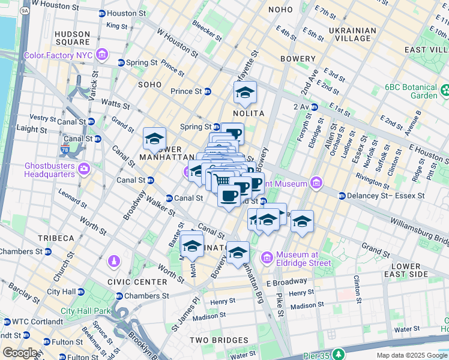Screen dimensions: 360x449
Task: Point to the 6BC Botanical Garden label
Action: [419, 91]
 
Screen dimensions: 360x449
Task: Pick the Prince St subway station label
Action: [186, 91]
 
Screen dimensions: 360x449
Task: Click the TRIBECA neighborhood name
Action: [55, 238]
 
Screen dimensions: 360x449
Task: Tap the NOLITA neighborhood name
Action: [249, 113]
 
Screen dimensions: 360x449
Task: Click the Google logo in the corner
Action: [19, 353]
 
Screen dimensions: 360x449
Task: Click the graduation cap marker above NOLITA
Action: [245, 92]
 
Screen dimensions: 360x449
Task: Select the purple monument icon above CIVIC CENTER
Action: [113, 262]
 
